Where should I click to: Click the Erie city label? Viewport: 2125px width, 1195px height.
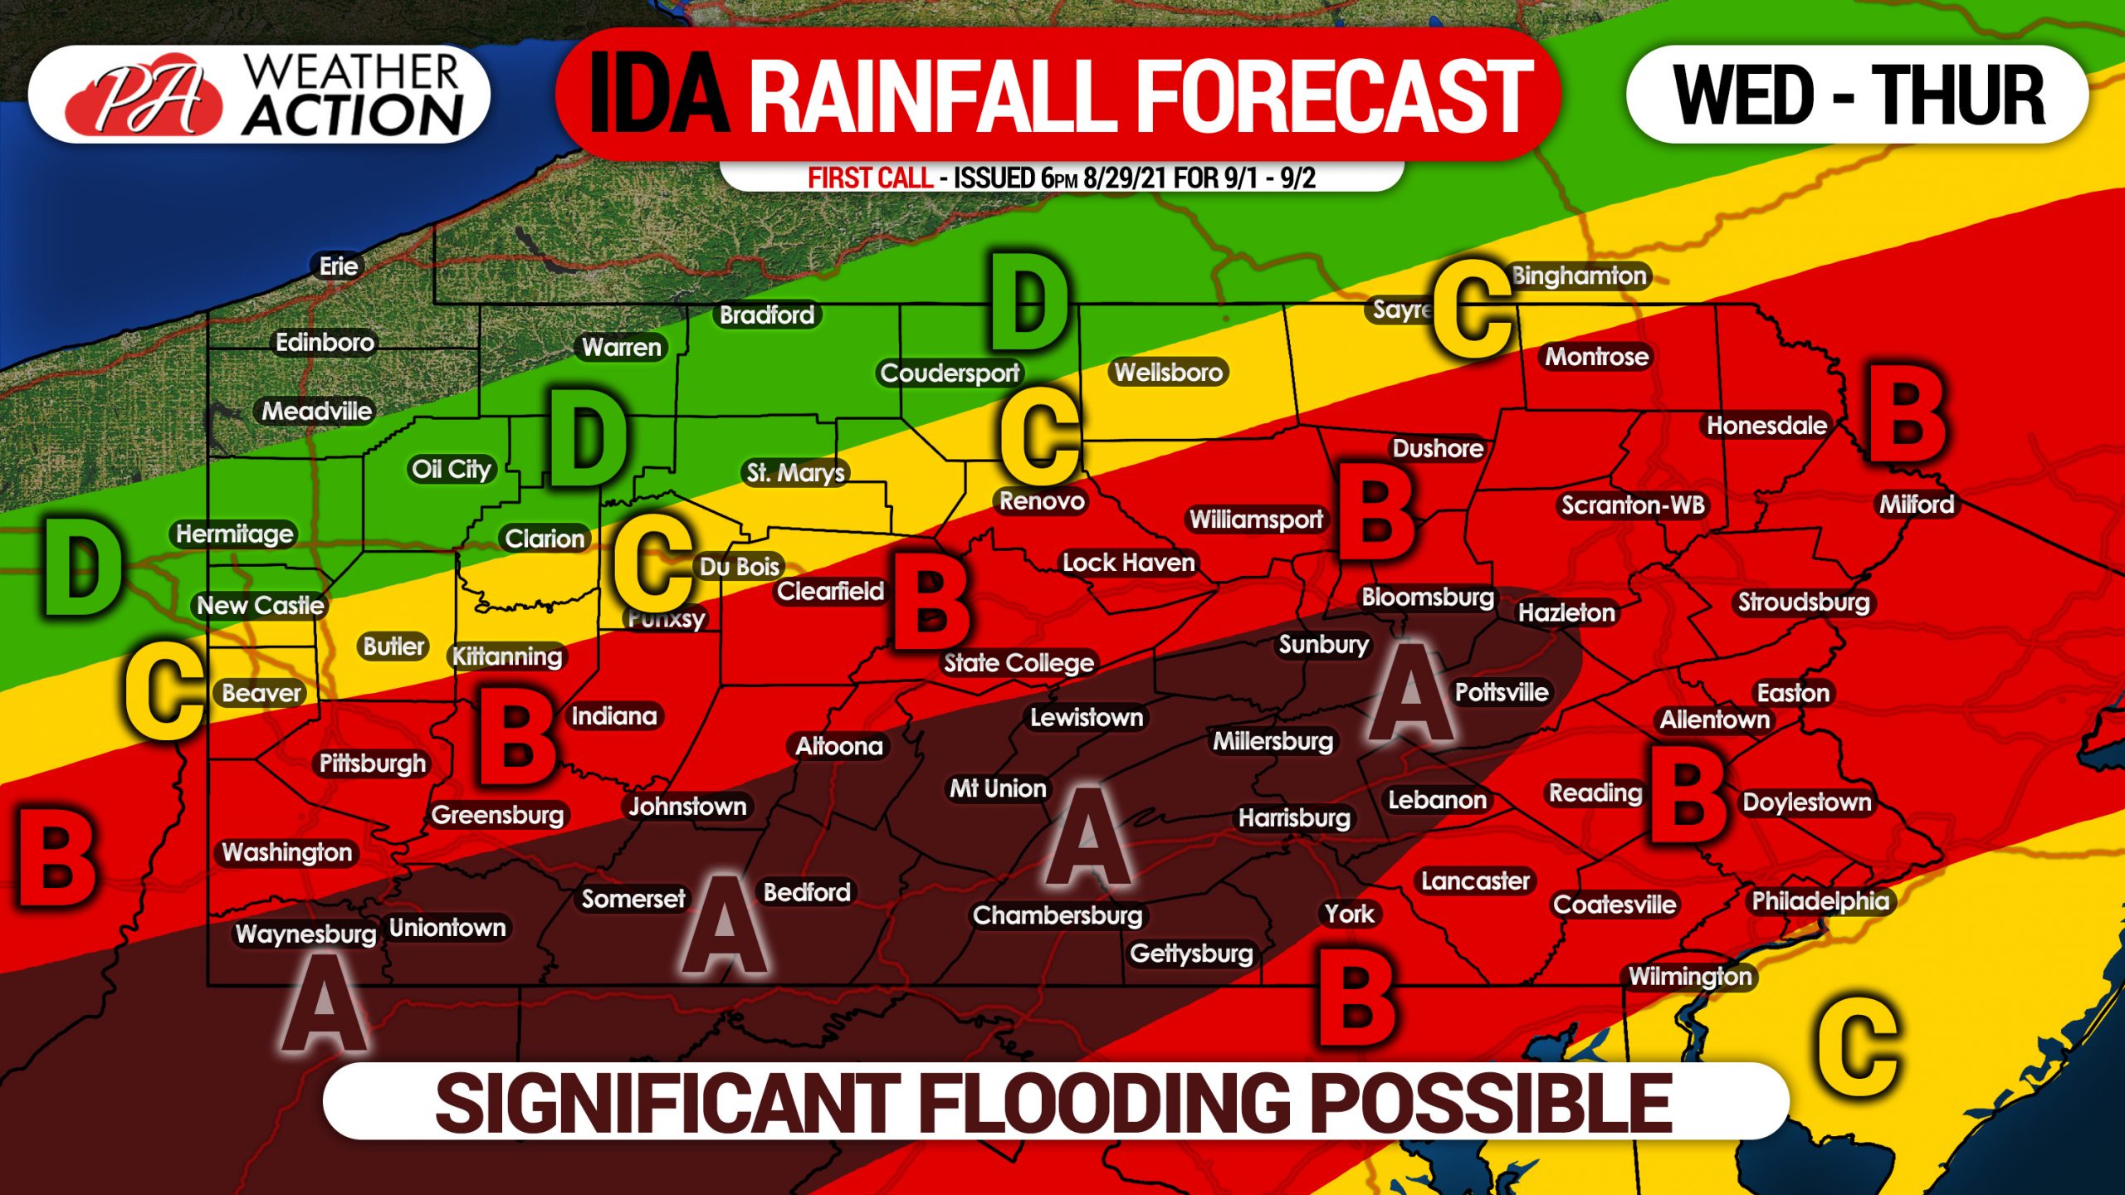339,266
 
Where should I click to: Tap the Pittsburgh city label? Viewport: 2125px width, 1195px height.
373,763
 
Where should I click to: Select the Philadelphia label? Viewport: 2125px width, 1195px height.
1820,900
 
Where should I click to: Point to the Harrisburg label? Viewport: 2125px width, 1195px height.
1294,818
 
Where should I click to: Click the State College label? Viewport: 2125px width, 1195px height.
1019,662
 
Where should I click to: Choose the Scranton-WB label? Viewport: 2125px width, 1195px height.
1632,505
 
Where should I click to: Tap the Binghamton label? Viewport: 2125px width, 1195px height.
1579,276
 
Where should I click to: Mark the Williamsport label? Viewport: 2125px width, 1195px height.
1256,519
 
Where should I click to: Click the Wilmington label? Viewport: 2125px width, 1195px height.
1690,976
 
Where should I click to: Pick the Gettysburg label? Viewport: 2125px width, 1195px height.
1191,953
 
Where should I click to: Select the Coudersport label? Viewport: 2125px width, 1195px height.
950,373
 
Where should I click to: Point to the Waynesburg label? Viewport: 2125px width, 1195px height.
305,934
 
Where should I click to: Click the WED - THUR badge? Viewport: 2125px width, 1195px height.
1858,95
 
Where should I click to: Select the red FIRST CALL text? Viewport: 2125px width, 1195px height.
870,178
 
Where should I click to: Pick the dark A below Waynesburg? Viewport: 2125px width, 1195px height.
323,1004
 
